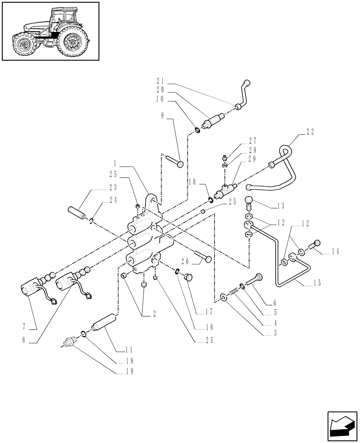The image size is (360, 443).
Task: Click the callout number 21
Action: click(x=160, y=81)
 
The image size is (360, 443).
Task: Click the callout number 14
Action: click(x=334, y=252)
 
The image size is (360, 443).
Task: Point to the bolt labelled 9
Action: click(x=174, y=161)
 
